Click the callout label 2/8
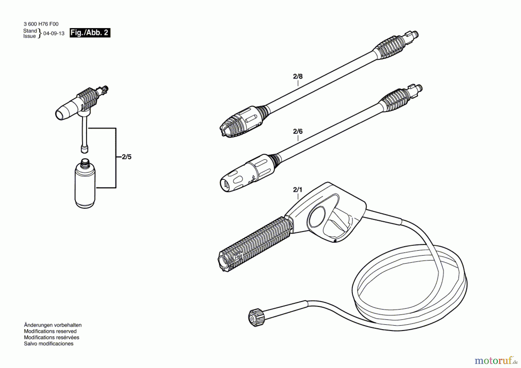tap(298, 76)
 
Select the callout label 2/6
tap(298, 131)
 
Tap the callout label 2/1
tap(298, 190)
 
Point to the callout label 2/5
tap(126, 157)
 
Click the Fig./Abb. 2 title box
tap(90, 33)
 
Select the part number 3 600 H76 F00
tap(41, 24)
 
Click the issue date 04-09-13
tap(54, 33)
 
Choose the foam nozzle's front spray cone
tap(65, 111)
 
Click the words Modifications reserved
tap(50, 331)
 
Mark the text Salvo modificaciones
tap(49, 344)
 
